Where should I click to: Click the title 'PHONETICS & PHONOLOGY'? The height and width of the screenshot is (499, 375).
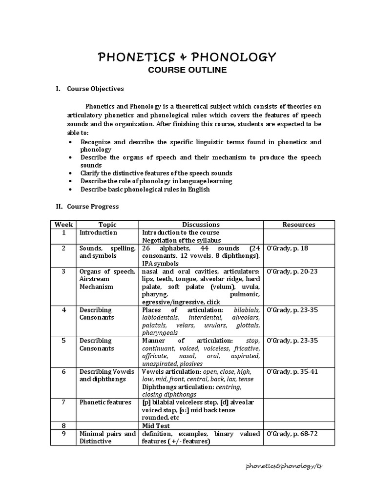pos(187,58)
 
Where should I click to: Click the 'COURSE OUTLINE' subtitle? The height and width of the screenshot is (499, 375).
pos(187,70)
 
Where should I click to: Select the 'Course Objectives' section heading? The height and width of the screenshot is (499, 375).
pos(95,89)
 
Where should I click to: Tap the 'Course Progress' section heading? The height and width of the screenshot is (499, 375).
pos(93,207)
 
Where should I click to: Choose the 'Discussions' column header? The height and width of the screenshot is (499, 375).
pos(201,225)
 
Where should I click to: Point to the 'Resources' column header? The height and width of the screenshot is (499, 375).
pos(299,225)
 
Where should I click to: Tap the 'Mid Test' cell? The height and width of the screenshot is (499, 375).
pos(156,425)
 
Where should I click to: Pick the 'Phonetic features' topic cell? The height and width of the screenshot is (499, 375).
pos(105,403)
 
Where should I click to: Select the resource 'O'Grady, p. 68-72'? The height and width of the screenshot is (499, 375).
pos(292,434)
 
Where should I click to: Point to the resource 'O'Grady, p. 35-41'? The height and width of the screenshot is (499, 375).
pos(292,372)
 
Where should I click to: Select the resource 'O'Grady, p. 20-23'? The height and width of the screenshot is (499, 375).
pos(292,271)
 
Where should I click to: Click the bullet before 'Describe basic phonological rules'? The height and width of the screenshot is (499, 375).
pos(71,190)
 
